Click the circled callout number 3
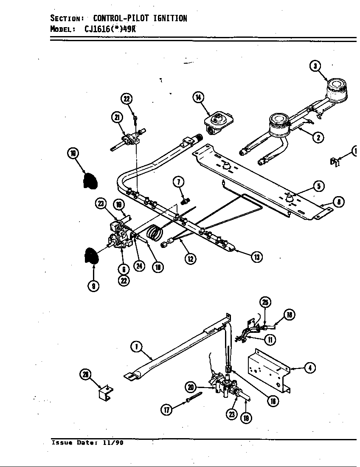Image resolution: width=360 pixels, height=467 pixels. point(315,66)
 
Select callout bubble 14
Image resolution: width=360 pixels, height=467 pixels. point(198,97)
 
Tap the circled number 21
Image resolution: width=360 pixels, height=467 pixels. point(116,118)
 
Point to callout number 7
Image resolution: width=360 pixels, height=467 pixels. point(178,182)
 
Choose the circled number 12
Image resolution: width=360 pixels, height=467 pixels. point(191,258)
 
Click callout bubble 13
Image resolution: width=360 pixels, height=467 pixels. point(256,256)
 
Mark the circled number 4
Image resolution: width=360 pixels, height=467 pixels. point(310,368)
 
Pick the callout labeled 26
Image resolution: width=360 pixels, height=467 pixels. point(86,374)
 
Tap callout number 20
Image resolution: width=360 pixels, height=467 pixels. point(191,386)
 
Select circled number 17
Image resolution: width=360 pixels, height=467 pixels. point(166,410)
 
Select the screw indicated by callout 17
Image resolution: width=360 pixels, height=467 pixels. point(192,398)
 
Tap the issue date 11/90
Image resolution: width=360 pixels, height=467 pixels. point(115,443)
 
